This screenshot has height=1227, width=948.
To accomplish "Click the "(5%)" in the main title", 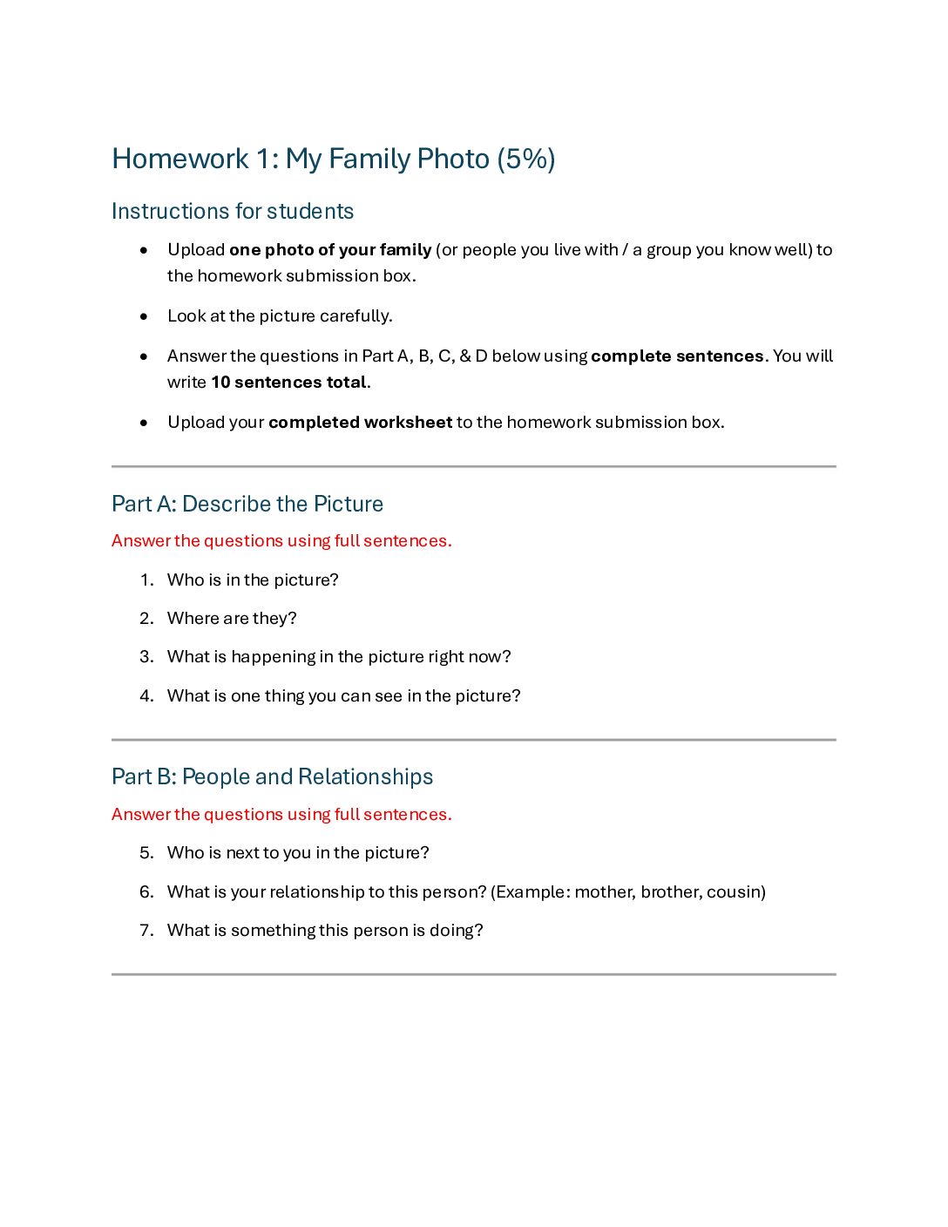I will [525, 159].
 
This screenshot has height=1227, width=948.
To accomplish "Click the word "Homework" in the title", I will [180, 159].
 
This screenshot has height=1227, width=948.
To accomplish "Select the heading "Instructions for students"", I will [233, 212].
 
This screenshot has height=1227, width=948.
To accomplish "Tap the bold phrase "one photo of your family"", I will [330, 250].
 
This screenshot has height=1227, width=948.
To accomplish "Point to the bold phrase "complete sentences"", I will [677, 356].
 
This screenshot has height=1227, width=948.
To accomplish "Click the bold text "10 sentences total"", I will [288, 383].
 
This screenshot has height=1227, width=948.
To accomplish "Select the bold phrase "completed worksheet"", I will [360, 423].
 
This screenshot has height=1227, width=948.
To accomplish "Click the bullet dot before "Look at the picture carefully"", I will [144, 316].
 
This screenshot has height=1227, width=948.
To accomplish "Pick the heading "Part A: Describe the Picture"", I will [247, 505].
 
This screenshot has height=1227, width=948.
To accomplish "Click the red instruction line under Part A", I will [281, 541].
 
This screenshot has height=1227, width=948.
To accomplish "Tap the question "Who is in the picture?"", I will [253, 580].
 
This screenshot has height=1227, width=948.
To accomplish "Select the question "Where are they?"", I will [232, 619].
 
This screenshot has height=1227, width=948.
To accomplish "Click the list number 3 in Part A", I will [146, 657].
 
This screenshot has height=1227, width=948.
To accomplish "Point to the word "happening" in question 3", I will [273, 657].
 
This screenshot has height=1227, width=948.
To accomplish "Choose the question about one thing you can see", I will [343, 696].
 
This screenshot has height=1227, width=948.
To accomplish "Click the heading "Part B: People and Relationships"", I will [272, 777].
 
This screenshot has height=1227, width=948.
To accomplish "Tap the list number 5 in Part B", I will [146, 853].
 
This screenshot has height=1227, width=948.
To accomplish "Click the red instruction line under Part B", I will [281, 815].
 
